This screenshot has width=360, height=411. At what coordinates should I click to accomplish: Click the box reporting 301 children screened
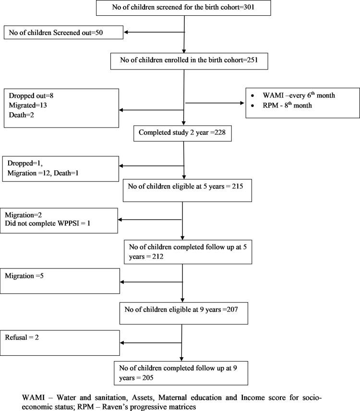[184, 8]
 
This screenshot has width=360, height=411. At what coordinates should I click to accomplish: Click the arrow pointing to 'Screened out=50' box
[154, 33]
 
